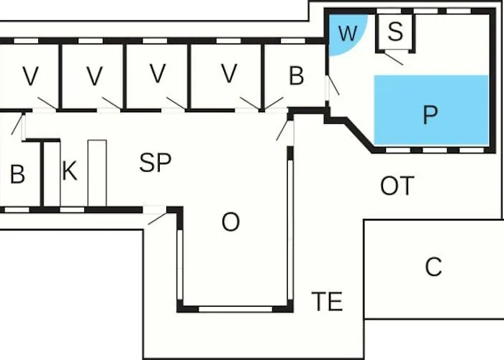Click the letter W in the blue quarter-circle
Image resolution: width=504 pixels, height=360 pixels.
(x=348, y=33)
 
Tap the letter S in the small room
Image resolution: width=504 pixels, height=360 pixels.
(x=395, y=32)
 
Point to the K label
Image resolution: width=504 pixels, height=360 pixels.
(x=69, y=171)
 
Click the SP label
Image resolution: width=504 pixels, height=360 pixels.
(x=156, y=163)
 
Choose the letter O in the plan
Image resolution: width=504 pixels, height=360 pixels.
(x=230, y=223)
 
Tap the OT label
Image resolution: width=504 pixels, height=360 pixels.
(x=397, y=186)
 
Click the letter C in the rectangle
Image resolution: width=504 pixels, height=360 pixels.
(x=433, y=267)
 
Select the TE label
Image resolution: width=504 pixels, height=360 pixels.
(x=327, y=301)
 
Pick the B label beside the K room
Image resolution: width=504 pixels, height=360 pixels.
(x=17, y=174)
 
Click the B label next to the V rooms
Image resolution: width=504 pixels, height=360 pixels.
(x=296, y=76)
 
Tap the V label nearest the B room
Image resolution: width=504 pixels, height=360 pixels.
(x=229, y=73)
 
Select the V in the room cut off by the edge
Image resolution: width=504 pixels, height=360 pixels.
(x=30, y=76)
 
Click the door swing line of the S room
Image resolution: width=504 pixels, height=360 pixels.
(x=392, y=57)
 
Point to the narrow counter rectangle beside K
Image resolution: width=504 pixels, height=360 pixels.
(x=96, y=173)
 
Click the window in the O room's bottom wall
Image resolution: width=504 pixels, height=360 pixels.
(x=235, y=309)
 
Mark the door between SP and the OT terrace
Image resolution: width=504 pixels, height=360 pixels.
(x=285, y=129)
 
